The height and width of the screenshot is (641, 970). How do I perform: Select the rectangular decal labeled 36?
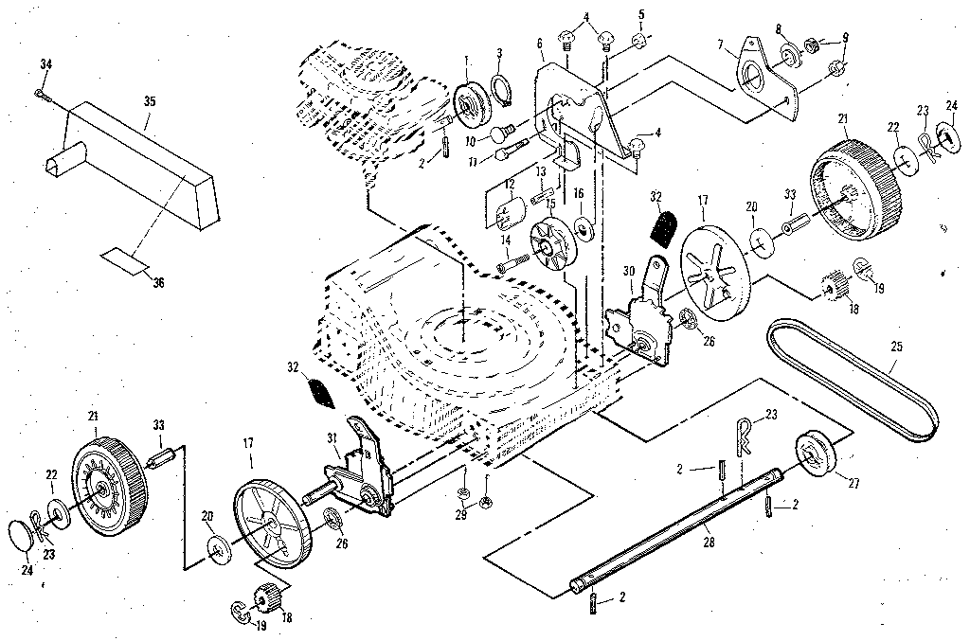tap(126, 259)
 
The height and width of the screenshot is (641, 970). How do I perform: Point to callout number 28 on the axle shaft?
tap(710, 542)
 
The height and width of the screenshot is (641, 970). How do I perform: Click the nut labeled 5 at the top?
tap(641, 40)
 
